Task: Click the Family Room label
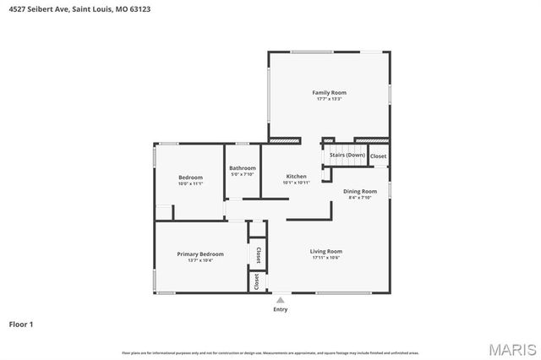[x=329, y=92]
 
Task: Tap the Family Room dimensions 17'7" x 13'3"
[x=329, y=99]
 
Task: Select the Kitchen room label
[x=296, y=176]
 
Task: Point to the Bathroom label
[x=242, y=168]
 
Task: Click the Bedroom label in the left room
[x=190, y=177]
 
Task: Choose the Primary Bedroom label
[x=200, y=254]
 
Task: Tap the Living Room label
[x=325, y=251]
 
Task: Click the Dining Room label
[x=359, y=191]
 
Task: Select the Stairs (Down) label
[x=347, y=155]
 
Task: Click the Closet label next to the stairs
[x=378, y=155]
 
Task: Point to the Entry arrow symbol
[x=280, y=299]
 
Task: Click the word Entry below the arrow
[x=280, y=309]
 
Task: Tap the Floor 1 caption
[x=21, y=324]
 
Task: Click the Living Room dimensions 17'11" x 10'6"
[x=325, y=258]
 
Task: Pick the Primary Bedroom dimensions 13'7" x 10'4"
[x=200, y=260]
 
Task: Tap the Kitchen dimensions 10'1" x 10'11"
[x=296, y=183]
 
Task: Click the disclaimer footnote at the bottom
[x=270, y=352]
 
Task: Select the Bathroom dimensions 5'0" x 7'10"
[x=242, y=175]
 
